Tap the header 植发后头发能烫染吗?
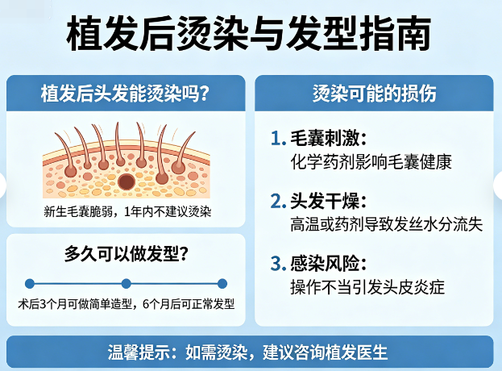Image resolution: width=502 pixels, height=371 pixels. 126,93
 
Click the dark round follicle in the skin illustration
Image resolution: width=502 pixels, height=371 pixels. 127,183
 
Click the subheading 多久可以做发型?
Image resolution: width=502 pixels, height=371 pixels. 127,254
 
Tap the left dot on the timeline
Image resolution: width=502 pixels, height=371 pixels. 30,283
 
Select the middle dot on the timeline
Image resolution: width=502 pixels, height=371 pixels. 126,283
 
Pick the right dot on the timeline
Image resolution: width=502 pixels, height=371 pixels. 222,283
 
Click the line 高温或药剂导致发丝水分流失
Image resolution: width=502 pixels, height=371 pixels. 386,224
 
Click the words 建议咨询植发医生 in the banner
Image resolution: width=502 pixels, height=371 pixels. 330,352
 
